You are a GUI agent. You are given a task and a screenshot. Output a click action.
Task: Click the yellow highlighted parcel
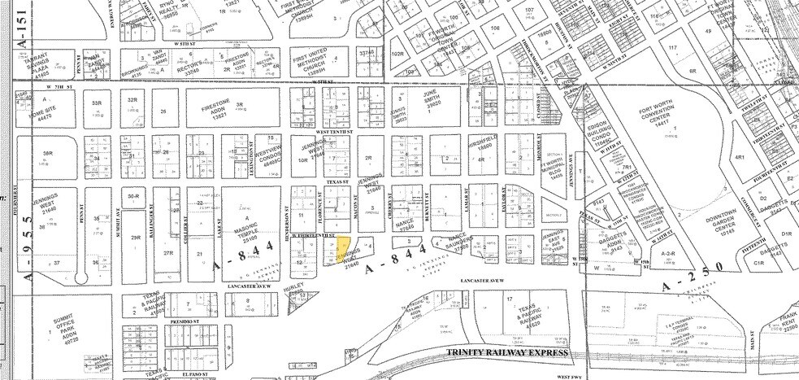pyautogui.click(x=345, y=247)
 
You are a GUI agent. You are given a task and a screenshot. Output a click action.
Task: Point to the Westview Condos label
pyautogui.click(x=270, y=155)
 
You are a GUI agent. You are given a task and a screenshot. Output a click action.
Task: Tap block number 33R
pyautogui.click(x=97, y=103)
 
